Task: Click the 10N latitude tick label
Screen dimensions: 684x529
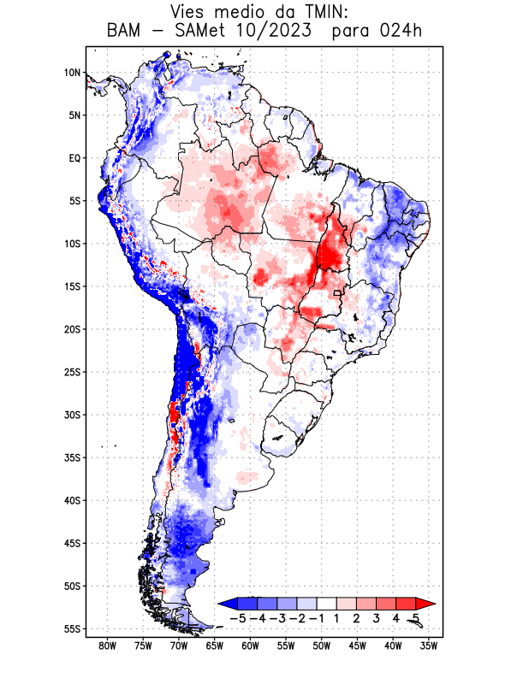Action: pos(71,73)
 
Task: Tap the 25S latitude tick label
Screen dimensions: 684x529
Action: pos(71,372)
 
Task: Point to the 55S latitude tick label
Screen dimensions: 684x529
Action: pos(71,628)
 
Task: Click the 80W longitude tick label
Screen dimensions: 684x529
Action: pos(108,646)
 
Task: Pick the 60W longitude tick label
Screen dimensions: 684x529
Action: pos(251,646)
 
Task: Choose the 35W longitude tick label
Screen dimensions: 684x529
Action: pos(430,646)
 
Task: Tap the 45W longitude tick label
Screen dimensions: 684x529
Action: pos(358,646)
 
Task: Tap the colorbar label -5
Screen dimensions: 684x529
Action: pos(236,618)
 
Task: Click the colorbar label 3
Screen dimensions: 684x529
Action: pos(377,618)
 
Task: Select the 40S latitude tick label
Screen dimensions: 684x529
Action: pos(71,500)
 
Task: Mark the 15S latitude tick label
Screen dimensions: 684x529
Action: pos(71,286)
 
